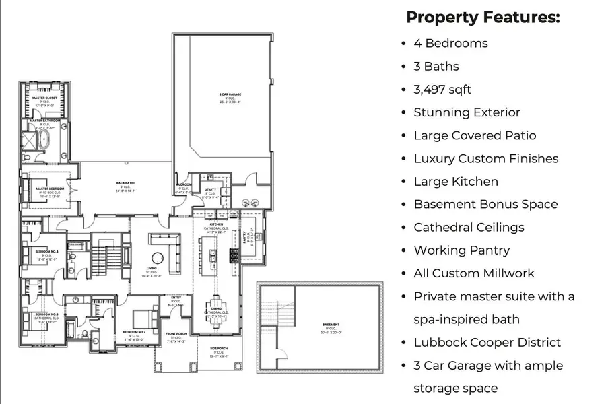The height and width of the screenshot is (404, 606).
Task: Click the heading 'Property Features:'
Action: (x=483, y=17)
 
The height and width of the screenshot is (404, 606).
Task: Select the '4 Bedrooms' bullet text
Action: (x=450, y=43)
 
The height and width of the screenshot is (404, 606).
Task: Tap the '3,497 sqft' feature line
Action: (x=442, y=89)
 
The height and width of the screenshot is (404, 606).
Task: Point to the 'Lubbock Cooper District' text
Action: (x=487, y=342)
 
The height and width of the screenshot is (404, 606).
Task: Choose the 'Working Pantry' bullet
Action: (x=461, y=250)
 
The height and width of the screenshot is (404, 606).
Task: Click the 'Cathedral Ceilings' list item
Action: (x=469, y=227)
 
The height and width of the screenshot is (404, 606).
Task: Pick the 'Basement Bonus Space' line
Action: (x=485, y=204)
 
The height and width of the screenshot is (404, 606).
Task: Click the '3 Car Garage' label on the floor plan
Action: (x=230, y=94)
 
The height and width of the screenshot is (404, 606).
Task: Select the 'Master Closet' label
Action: (x=44, y=98)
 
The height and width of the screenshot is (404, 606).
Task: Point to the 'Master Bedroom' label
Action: (x=49, y=189)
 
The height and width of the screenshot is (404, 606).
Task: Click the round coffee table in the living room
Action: (x=157, y=258)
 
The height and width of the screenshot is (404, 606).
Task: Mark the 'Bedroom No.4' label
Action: (x=46, y=251)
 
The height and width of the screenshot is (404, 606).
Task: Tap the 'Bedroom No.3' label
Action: (x=46, y=314)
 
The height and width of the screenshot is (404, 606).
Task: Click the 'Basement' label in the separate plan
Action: (x=331, y=325)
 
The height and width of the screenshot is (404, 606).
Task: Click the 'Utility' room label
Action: (x=210, y=190)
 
